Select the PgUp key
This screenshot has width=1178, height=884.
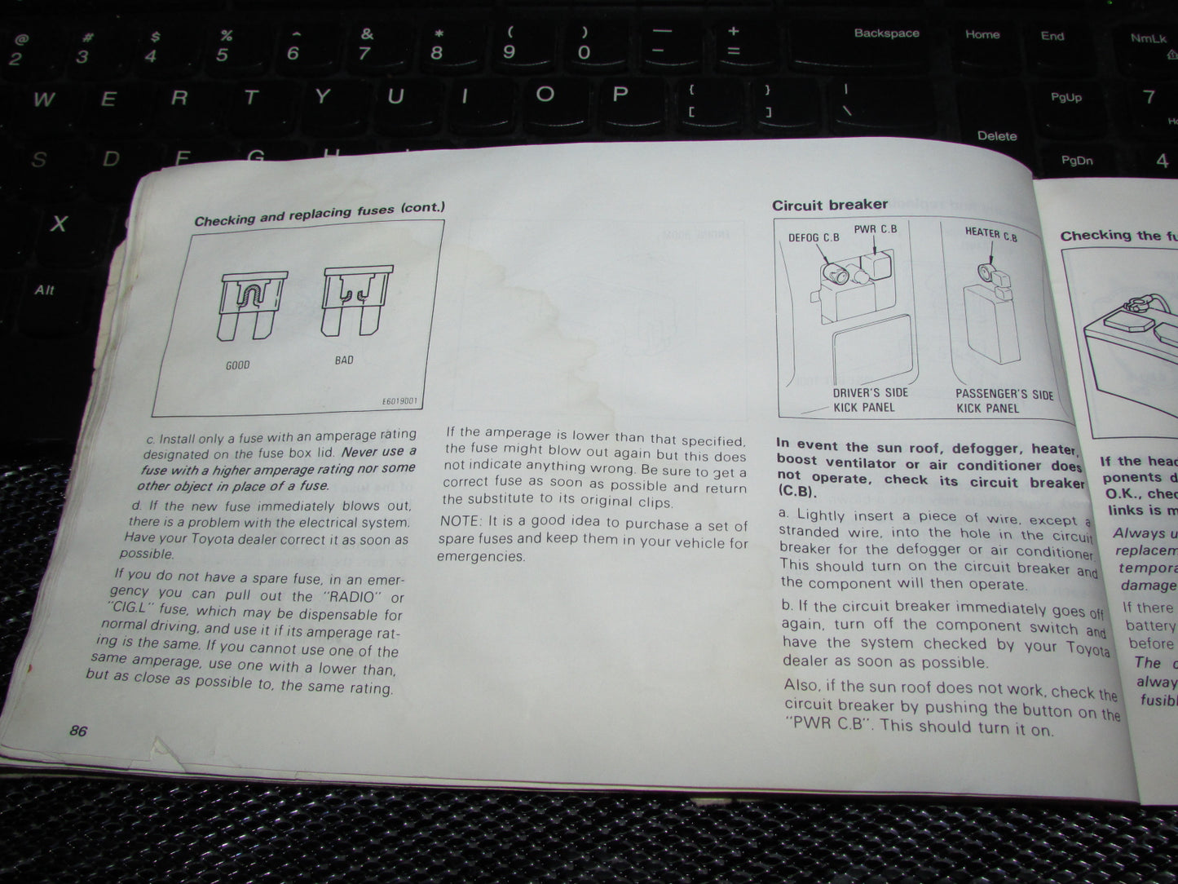click(1065, 98)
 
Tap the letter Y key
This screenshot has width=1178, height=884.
click(322, 97)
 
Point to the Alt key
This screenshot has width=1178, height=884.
click(45, 290)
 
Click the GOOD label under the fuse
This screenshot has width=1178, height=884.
click(237, 365)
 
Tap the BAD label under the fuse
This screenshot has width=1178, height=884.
click(344, 360)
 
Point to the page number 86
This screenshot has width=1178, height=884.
click(78, 731)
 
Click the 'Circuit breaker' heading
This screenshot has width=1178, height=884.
click(830, 205)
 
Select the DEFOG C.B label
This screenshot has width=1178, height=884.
click(814, 238)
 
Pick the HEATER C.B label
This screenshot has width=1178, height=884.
click(990, 234)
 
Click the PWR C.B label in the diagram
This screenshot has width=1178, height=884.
click(876, 229)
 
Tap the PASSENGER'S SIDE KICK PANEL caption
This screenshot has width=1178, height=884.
click(1004, 401)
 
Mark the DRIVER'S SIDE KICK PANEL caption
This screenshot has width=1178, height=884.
click(868, 400)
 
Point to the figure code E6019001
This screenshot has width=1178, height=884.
click(399, 401)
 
